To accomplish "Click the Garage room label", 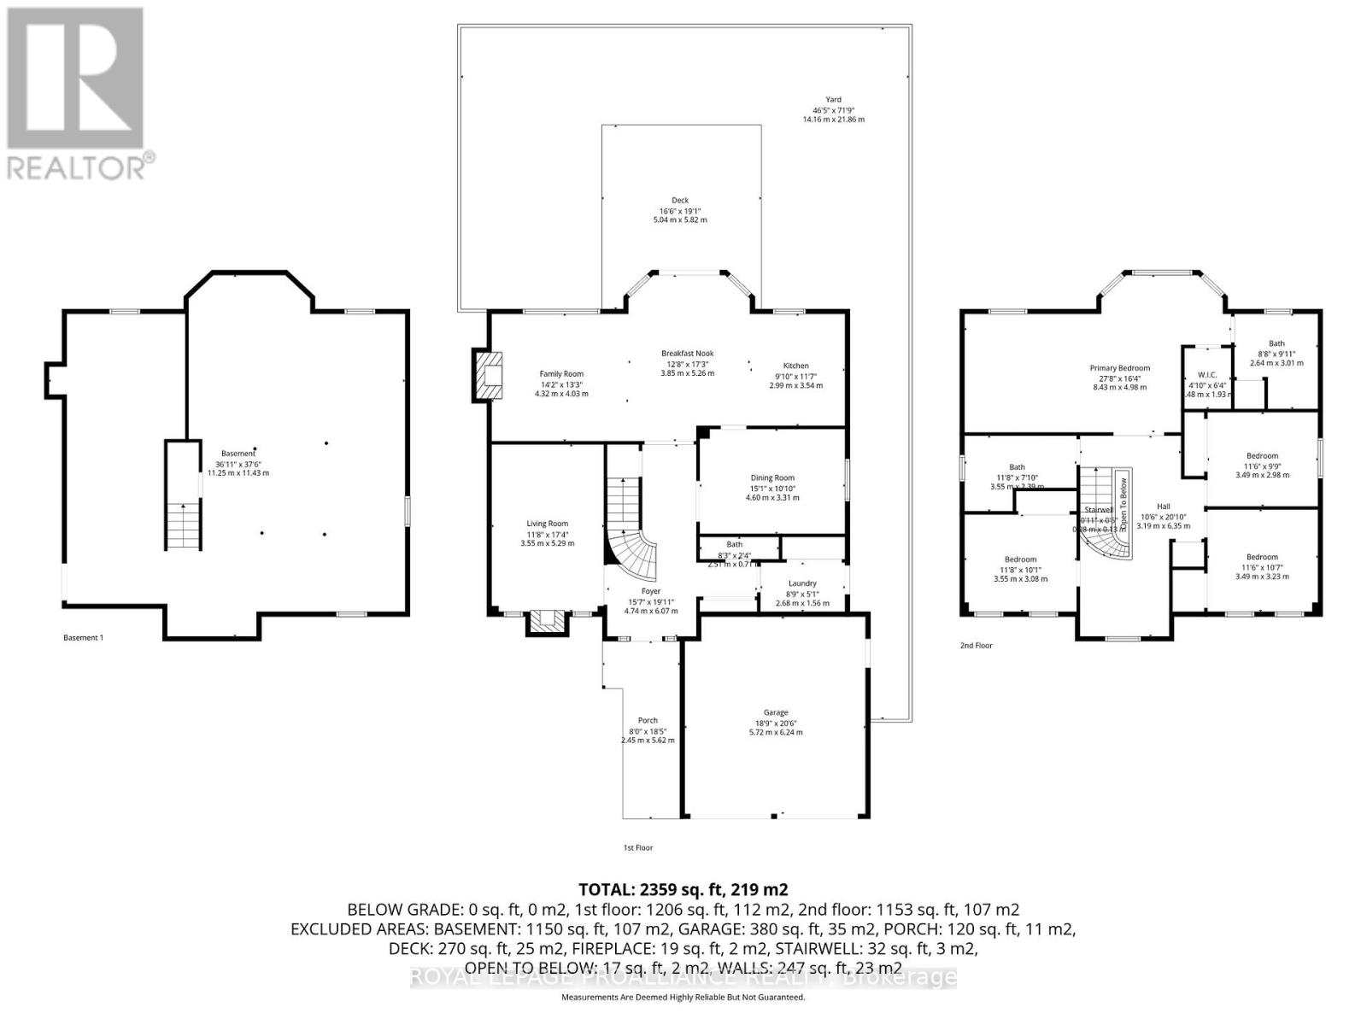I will pyautogui.click(x=776, y=712).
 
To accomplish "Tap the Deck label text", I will pyautogui.click(x=680, y=201).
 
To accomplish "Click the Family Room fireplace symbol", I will pyautogui.click(x=490, y=376).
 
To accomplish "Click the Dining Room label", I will pyautogui.click(x=772, y=478).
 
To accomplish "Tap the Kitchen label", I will pyautogui.click(x=795, y=366).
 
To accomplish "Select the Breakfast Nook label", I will pyautogui.click(x=687, y=354).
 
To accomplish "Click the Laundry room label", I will pyautogui.click(x=802, y=584).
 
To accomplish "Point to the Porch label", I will pyautogui.click(x=648, y=721).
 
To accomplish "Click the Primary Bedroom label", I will pyautogui.click(x=1120, y=368).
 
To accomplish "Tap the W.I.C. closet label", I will pyautogui.click(x=1207, y=375).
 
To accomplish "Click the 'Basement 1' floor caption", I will pyautogui.click(x=84, y=637).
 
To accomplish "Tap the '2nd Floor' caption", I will pyautogui.click(x=976, y=646).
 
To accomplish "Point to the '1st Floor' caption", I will pyautogui.click(x=638, y=848).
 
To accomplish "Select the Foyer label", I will pyautogui.click(x=651, y=591).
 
